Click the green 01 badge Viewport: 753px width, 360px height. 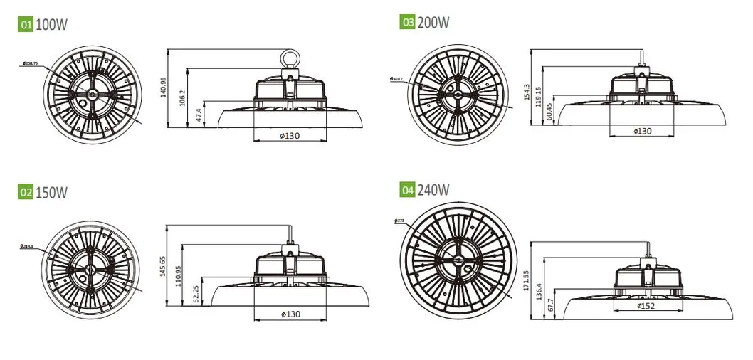point(26,25)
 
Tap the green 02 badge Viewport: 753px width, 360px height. point(26,192)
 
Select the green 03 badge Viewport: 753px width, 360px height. point(408,21)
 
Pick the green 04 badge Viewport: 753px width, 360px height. point(408,190)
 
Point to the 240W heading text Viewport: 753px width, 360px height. point(434,190)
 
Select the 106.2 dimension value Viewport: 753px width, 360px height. point(183,97)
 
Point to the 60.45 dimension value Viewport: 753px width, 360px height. point(550,111)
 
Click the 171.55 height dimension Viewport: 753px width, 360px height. point(527,282)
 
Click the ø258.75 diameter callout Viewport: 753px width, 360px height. point(30,63)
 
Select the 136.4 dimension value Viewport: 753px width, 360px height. point(539,292)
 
